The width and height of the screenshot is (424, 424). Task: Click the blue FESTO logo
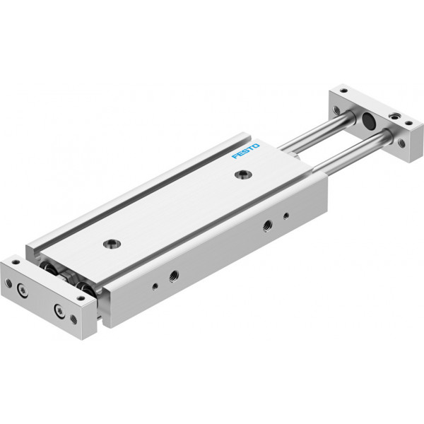pos(245,151)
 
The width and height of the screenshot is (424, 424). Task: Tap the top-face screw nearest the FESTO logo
pos(243,175)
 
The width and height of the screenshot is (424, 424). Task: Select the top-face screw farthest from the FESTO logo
pos(112,244)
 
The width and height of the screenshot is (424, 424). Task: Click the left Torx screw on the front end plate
pos(22,290)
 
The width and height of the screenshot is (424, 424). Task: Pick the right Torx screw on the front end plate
pos(59,310)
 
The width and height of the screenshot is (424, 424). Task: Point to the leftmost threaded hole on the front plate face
pos(9,283)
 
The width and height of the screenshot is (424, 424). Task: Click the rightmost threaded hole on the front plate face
pos(73,319)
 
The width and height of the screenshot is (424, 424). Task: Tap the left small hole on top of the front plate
pos(16,261)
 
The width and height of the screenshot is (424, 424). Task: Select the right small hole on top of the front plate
pos(81,298)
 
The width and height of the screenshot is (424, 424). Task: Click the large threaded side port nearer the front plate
pos(174,276)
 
